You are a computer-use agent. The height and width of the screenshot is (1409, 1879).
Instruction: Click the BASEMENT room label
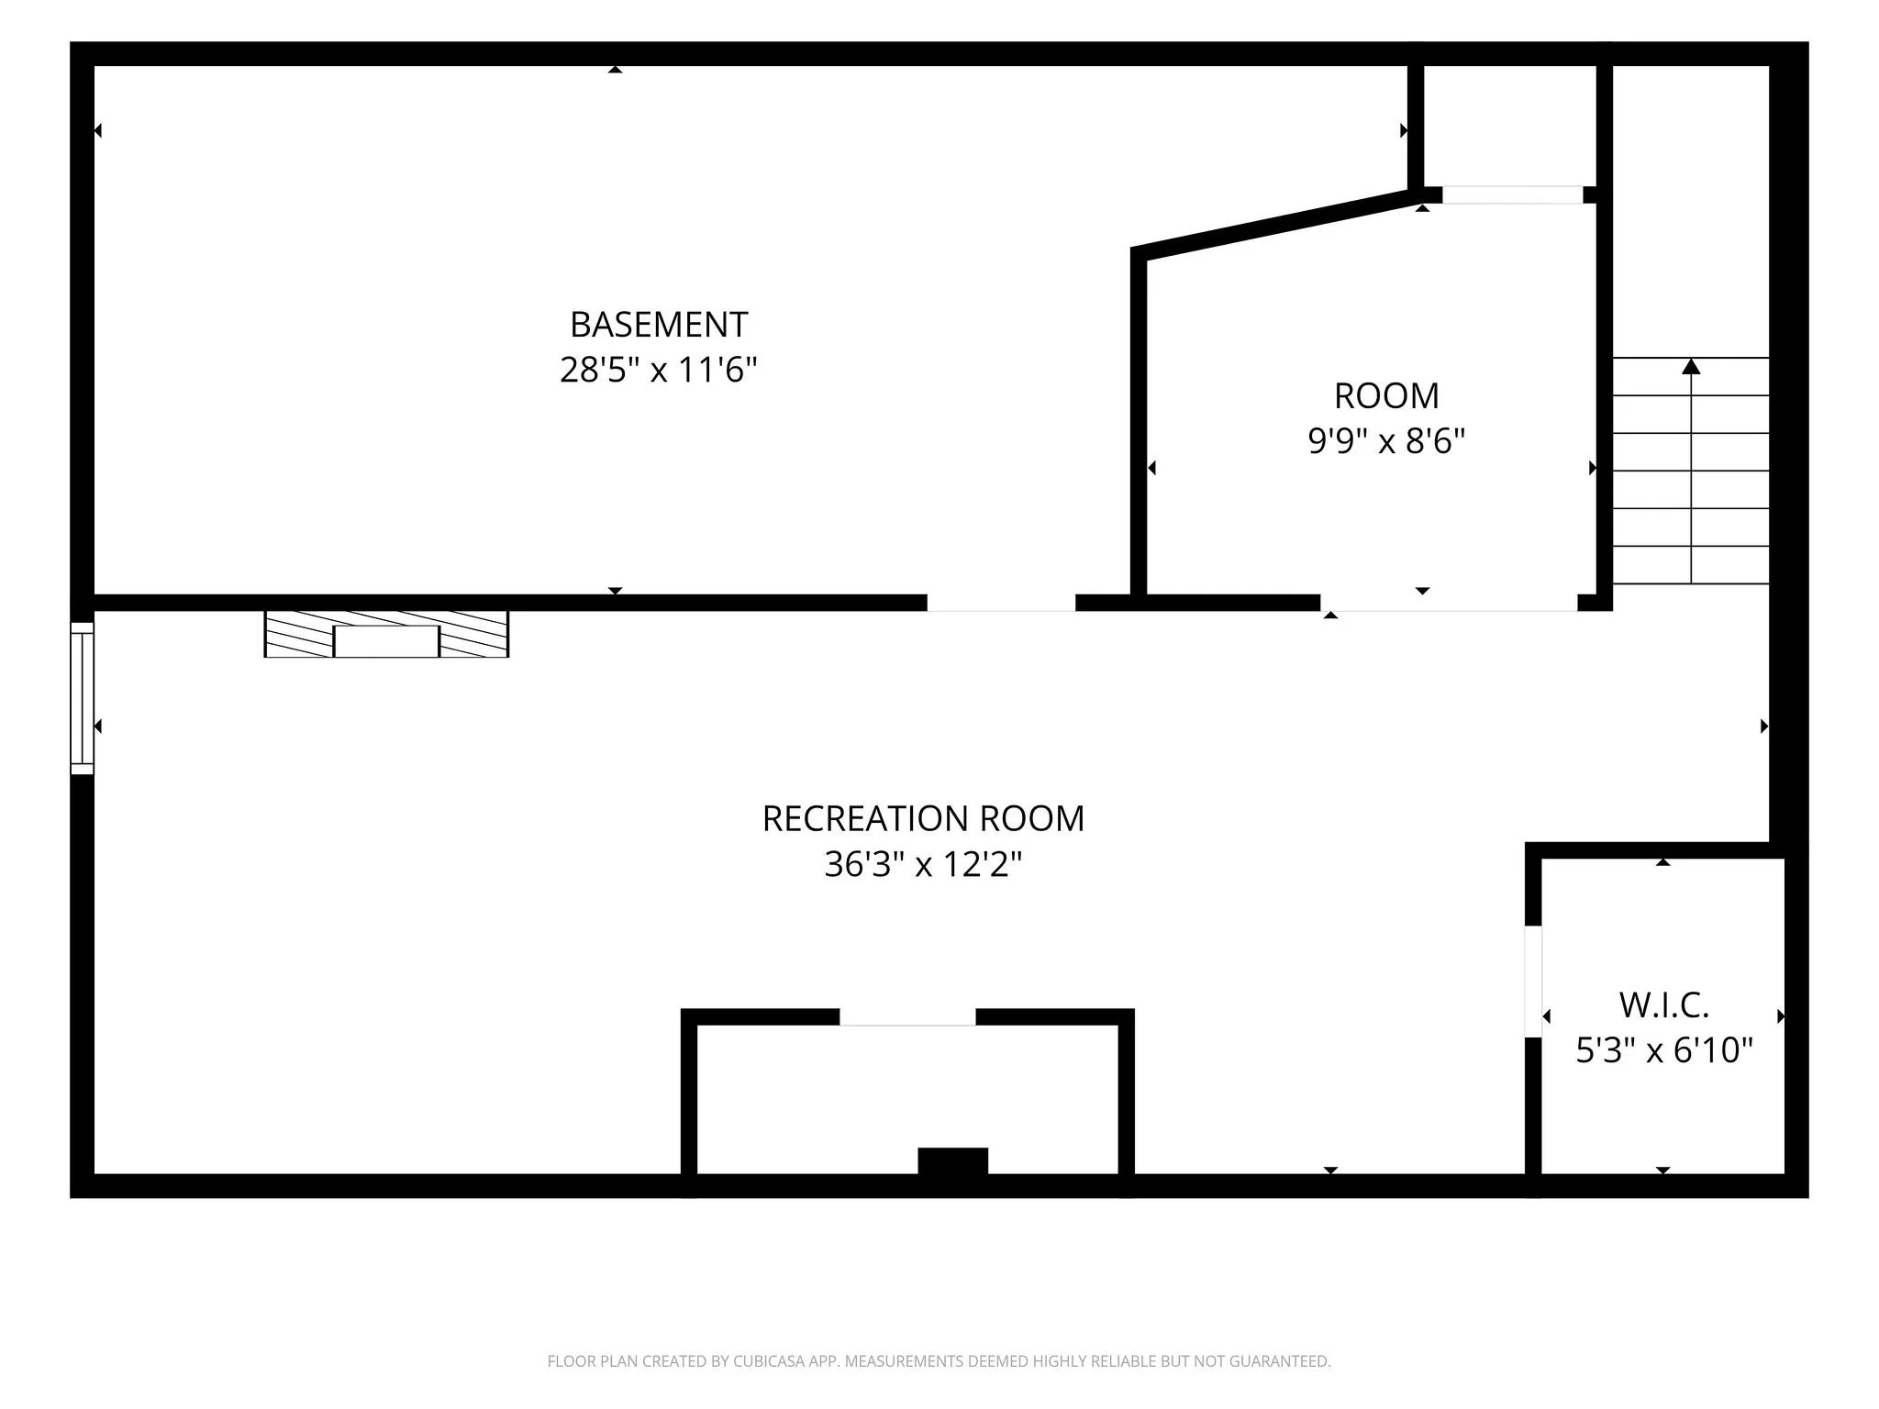(659, 325)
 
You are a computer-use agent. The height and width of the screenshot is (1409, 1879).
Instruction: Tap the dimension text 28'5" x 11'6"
(659, 371)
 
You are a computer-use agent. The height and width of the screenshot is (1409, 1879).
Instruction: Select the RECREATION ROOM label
(923, 818)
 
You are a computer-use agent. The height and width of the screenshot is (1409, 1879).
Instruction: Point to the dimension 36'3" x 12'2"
(923, 864)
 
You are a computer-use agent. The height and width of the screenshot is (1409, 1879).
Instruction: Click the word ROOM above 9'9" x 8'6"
(1386, 396)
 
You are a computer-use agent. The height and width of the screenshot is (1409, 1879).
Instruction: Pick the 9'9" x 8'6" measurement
(1386, 442)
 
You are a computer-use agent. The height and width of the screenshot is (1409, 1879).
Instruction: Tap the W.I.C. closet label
(1663, 1005)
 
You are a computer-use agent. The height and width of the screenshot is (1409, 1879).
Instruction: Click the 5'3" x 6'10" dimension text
(1663, 1050)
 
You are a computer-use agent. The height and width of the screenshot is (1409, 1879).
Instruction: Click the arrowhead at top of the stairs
(1691, 366)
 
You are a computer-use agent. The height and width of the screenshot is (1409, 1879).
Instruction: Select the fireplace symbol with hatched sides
(386, 634)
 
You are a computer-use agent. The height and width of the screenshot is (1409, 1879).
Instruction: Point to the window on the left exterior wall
(83, 698)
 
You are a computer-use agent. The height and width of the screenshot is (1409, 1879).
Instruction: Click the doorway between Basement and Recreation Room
(1001, 603)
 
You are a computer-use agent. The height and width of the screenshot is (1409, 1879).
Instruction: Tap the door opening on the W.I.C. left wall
(1533, 982)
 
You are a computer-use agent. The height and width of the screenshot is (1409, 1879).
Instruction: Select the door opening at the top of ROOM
(1513, 195)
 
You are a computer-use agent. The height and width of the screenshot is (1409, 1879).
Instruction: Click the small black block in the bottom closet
(953, 1160)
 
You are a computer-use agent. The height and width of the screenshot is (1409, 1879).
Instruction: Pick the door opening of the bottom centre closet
(907, 1017)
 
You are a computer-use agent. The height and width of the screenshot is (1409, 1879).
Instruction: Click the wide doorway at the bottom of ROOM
(1449, 603)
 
